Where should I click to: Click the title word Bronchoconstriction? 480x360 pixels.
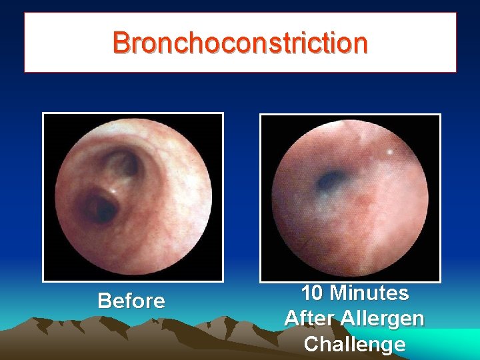(x=240, y=43)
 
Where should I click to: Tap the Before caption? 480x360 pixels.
(x=131, y=301)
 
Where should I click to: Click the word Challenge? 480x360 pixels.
(x=354, y=344)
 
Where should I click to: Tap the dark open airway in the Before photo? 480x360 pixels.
(x=102, y=205)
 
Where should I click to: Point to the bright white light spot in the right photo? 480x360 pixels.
(x=389, y=153)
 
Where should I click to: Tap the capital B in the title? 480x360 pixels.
(x=122, y=43)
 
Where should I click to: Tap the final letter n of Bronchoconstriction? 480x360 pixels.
(x=359, y=43)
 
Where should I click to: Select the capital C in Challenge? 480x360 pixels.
(x=311, y=344)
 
